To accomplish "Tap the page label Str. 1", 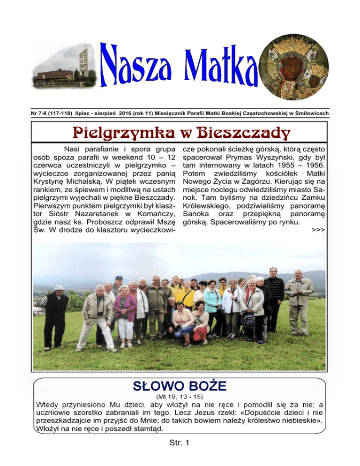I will (x=180, y=453).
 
